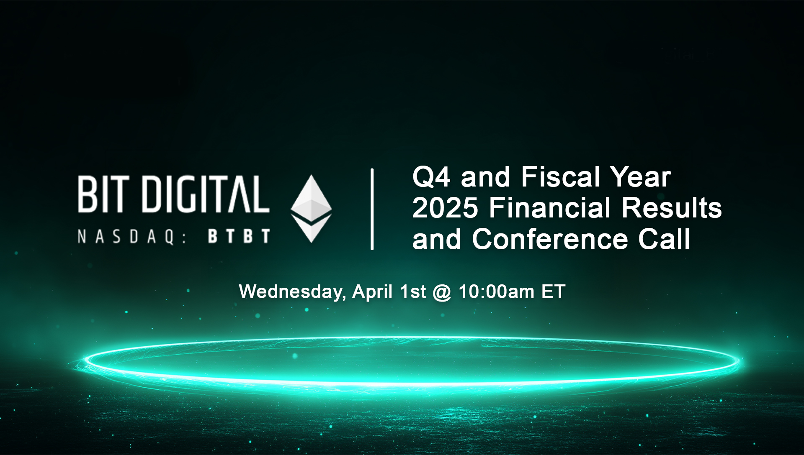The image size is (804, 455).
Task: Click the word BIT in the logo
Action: pos(102,194)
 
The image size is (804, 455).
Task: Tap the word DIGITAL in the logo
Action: pos(206,194)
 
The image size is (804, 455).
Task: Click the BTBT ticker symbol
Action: pos(239,236)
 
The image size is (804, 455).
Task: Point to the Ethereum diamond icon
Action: pos(311,208)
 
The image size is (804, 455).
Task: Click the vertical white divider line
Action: pos(372,209)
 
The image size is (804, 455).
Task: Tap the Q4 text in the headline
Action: pos(432,177)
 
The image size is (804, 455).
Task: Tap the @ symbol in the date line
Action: pos(442,292)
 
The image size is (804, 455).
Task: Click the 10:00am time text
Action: pos(496,292)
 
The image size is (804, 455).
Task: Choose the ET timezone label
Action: pos(553,292)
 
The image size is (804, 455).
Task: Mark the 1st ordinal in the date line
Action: pos(413,292)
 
